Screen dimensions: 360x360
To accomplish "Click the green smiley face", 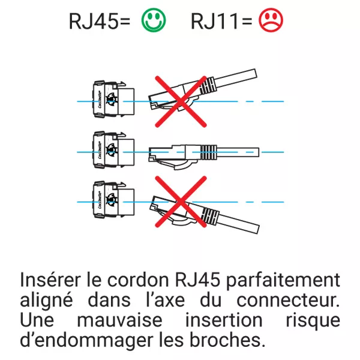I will [154, 21].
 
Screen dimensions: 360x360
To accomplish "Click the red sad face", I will [271, 21].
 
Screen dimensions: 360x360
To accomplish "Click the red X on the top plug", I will [178, 100].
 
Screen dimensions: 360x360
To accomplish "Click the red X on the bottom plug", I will [178, 203].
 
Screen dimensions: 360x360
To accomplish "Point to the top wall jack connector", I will [111, 100].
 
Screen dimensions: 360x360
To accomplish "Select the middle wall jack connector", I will [111, 151].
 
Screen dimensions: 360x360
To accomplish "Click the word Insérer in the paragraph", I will [50, 280].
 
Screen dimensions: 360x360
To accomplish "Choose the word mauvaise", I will [122, 320].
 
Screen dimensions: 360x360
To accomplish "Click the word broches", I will [229, 340].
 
